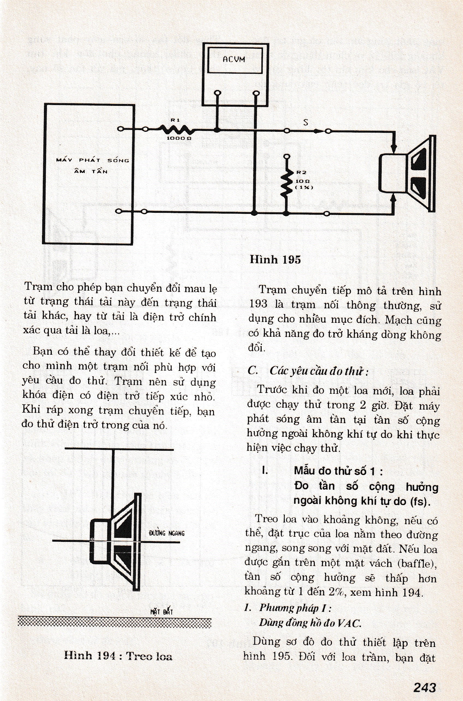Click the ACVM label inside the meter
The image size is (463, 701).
point(234,59)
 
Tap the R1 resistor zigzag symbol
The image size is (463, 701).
point(176,129)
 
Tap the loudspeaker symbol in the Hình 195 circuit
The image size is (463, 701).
point(408,173)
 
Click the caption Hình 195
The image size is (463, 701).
point(275,259)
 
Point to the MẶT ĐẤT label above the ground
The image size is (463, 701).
point(161,611)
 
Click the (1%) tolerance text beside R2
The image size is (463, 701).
point(304,187)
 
